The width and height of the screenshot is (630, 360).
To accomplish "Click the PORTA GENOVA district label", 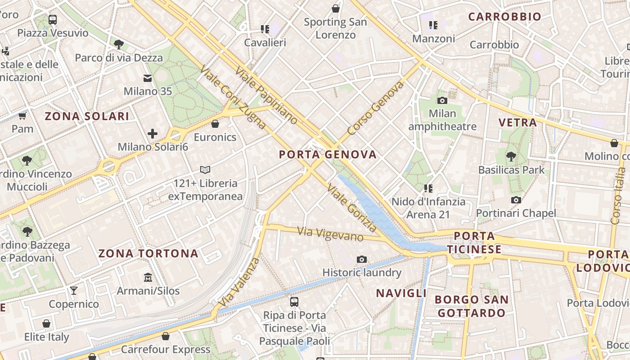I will (x=328, y=155).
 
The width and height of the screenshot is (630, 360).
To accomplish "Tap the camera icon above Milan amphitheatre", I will (x=442, y=100).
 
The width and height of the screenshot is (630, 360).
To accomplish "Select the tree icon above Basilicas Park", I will (x=511, y=157).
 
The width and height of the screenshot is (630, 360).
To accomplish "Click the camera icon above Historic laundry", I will (x=361, y=259).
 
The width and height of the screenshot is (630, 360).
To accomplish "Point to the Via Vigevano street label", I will (x=330, y=234).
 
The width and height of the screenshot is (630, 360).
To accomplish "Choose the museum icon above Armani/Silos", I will (x=148, y=277).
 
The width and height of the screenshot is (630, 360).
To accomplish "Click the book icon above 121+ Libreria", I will (x=205, y=170).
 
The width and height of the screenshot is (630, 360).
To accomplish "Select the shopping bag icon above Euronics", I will (x=215, y=124).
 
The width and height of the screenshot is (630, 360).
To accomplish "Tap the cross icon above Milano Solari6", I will (x=153, y=134).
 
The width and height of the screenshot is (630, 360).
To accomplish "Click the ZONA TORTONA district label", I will (x=148, y=254).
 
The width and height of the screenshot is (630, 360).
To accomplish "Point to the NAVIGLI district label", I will (x=401, y=293).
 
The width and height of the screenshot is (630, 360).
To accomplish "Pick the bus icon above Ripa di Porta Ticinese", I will (x=294, y=301).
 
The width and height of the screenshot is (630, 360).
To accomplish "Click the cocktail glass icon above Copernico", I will (x=74, y=290).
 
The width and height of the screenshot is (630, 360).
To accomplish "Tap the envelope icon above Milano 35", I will (x=148, y=78).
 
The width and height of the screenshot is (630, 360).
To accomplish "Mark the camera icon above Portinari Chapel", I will (x=516, y=200).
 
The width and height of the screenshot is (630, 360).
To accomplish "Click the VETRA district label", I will (x=517, y=122).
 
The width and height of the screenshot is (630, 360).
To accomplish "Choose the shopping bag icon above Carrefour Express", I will (x=166, y=336).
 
